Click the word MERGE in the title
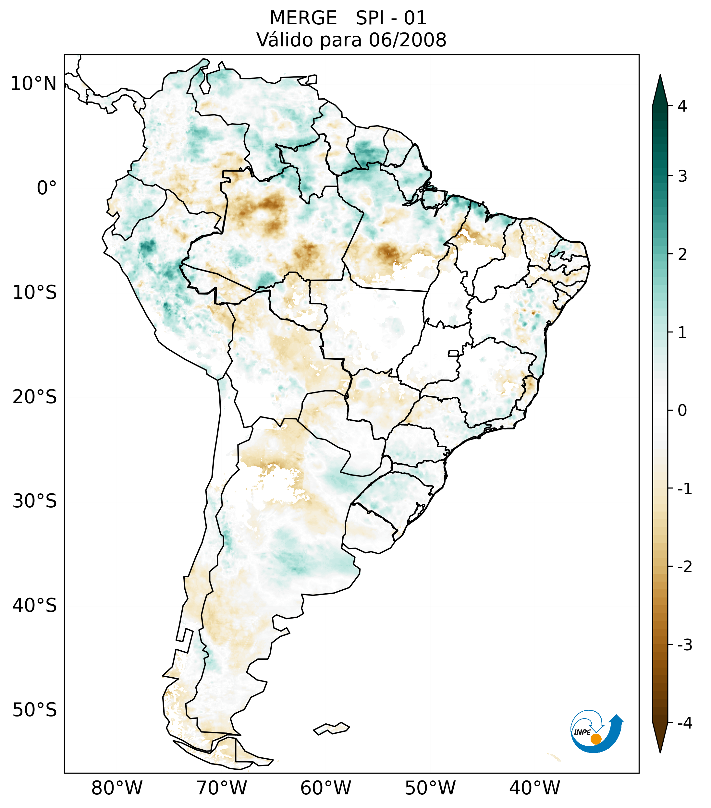pos(303,18)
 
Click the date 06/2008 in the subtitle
pos(407,40)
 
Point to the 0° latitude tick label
pos(47,188)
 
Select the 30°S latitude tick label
pos(35,501)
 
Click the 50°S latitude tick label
pos(35,710)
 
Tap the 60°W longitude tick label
pos(325,788)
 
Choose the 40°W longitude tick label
pos(535,788)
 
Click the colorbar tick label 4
pos(682,106)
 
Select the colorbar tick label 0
pos(682,411)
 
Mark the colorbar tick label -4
pos(684,723)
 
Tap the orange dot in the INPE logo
pos(596,739)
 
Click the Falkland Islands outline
pos(331,729)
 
